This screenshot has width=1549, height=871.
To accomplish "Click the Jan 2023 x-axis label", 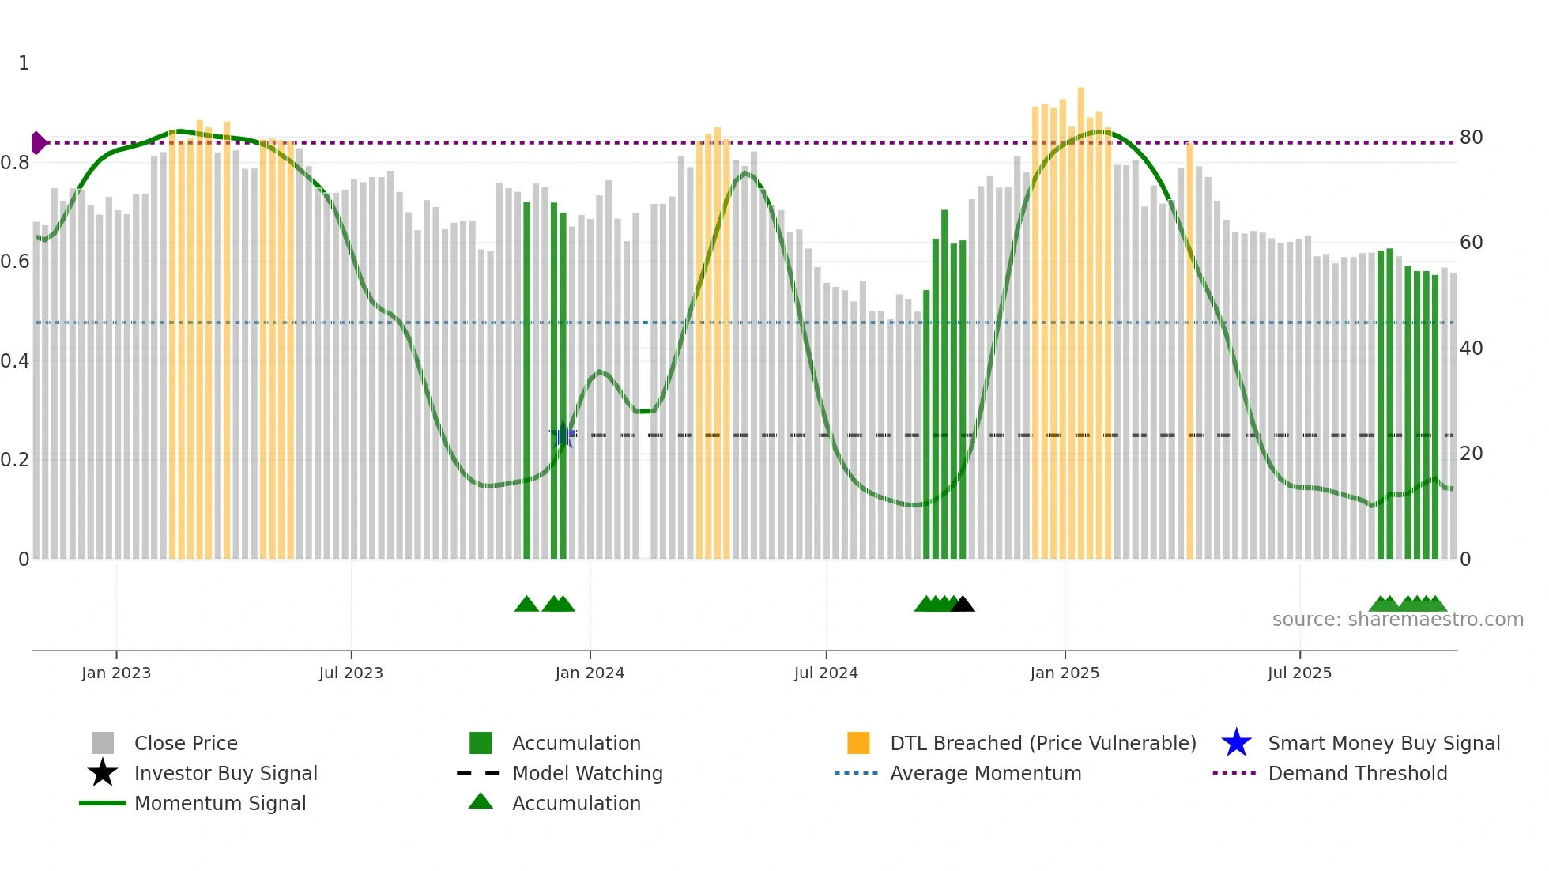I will point(115,673).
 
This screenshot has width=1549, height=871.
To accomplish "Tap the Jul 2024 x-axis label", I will point(826,673).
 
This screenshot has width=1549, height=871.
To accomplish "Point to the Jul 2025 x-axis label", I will point(1299,673).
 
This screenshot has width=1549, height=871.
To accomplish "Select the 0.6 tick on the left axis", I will point(14,262).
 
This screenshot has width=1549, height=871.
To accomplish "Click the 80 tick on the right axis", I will point(1471,138).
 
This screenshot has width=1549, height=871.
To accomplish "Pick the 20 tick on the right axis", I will point(1471,454).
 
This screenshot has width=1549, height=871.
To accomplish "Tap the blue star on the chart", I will point(563,435).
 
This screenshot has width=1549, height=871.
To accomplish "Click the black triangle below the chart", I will point(963,605).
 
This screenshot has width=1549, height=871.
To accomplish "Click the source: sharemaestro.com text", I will point(1397,620).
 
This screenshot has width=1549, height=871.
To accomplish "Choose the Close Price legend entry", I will point(186,744).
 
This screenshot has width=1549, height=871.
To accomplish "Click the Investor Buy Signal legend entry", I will point(225,774).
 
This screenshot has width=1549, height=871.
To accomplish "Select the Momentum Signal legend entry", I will point(220,804).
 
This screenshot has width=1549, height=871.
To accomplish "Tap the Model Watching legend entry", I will point(586,774).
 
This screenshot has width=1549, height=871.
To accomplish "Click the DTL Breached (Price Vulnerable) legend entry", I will point(1042,744).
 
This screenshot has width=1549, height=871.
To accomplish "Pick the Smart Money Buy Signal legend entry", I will point(1383,744).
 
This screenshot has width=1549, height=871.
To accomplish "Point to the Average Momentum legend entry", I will point(985,774).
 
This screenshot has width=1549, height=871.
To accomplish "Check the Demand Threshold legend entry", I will point(1357,774).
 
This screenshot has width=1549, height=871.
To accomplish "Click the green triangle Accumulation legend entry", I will point(575,804).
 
